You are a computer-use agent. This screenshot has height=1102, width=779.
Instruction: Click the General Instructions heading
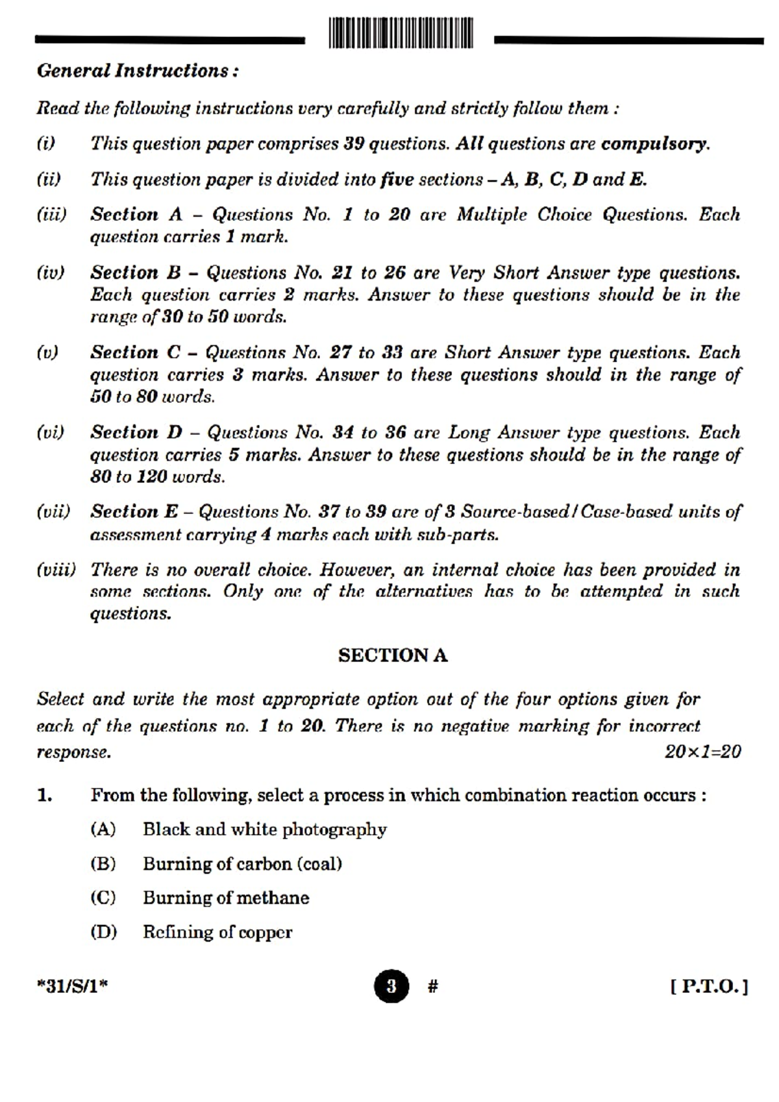[x=137, y=70]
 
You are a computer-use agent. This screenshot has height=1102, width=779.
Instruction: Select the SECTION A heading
[x=393, y=655]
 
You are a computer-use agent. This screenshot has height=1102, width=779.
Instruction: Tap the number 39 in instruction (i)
[x=353, y=143]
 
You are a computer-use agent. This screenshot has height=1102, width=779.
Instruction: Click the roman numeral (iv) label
[x=51, y=273]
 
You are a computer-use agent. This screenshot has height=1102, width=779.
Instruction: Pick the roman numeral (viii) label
[x=56, y=570]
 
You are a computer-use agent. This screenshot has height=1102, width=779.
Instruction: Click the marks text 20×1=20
[x=702, y=752]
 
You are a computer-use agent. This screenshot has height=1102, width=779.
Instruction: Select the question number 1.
[x=44, y=795]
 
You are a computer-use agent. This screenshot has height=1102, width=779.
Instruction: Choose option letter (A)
[x=103, y=829]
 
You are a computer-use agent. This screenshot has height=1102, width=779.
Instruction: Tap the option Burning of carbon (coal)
[x=242, y=864]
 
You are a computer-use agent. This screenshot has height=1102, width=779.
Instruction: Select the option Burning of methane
[x=226, y=898]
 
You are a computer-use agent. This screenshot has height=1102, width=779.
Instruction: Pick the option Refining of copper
[x=217, y=932]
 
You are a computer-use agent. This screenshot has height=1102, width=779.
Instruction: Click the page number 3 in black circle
[x=391, y=986]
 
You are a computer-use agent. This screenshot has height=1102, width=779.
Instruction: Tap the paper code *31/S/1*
[x=73, y=986]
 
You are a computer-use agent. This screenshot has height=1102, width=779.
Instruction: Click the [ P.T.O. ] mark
[x=709, y=987]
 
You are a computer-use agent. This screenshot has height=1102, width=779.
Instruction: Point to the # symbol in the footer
[x=433, y=986]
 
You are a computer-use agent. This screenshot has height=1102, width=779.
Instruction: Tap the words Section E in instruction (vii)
[x=134, y=511]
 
